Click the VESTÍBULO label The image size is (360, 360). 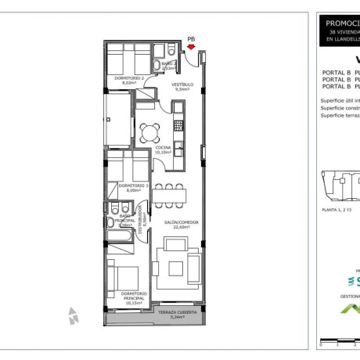(x=183, y=84)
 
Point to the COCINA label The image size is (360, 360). (x=163, y=147)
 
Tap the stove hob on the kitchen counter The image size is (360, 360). (x=179, y=124)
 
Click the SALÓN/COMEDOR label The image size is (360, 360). (x=181, y=222)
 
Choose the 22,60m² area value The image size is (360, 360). (x=181, y=228)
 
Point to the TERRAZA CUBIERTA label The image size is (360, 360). (x=176, y=312)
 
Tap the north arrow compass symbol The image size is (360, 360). (x=74, y=315)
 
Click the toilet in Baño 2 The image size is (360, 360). (x=158, y=66)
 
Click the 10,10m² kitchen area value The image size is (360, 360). (x=163, y=153)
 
